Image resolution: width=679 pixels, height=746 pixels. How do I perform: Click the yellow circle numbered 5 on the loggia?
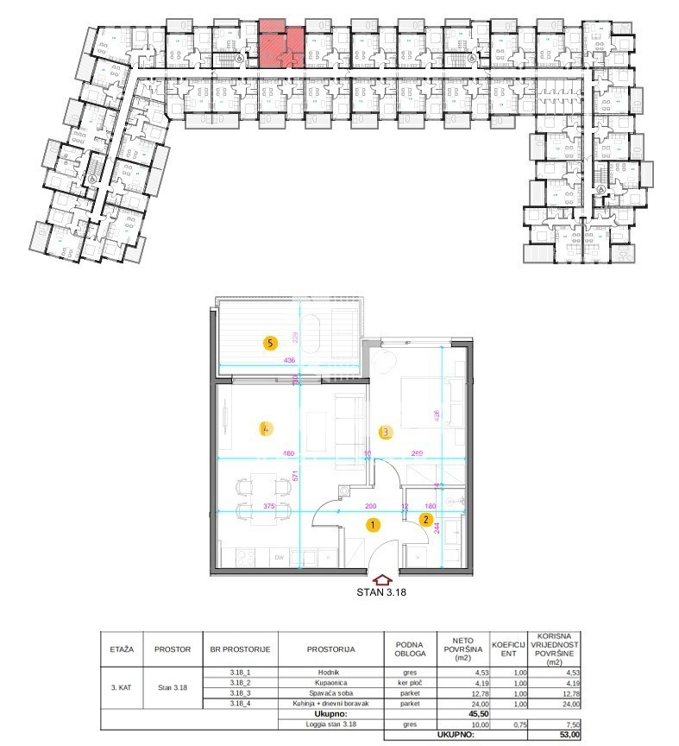271,343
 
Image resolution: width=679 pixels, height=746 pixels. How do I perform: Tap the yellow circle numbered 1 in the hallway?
372,523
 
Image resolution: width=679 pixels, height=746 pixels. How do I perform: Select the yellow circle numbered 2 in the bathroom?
425,519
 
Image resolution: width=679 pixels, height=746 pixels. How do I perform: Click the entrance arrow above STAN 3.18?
382,580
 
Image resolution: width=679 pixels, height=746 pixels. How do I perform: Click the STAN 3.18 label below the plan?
382,592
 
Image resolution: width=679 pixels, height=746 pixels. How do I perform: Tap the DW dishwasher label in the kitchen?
279,558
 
